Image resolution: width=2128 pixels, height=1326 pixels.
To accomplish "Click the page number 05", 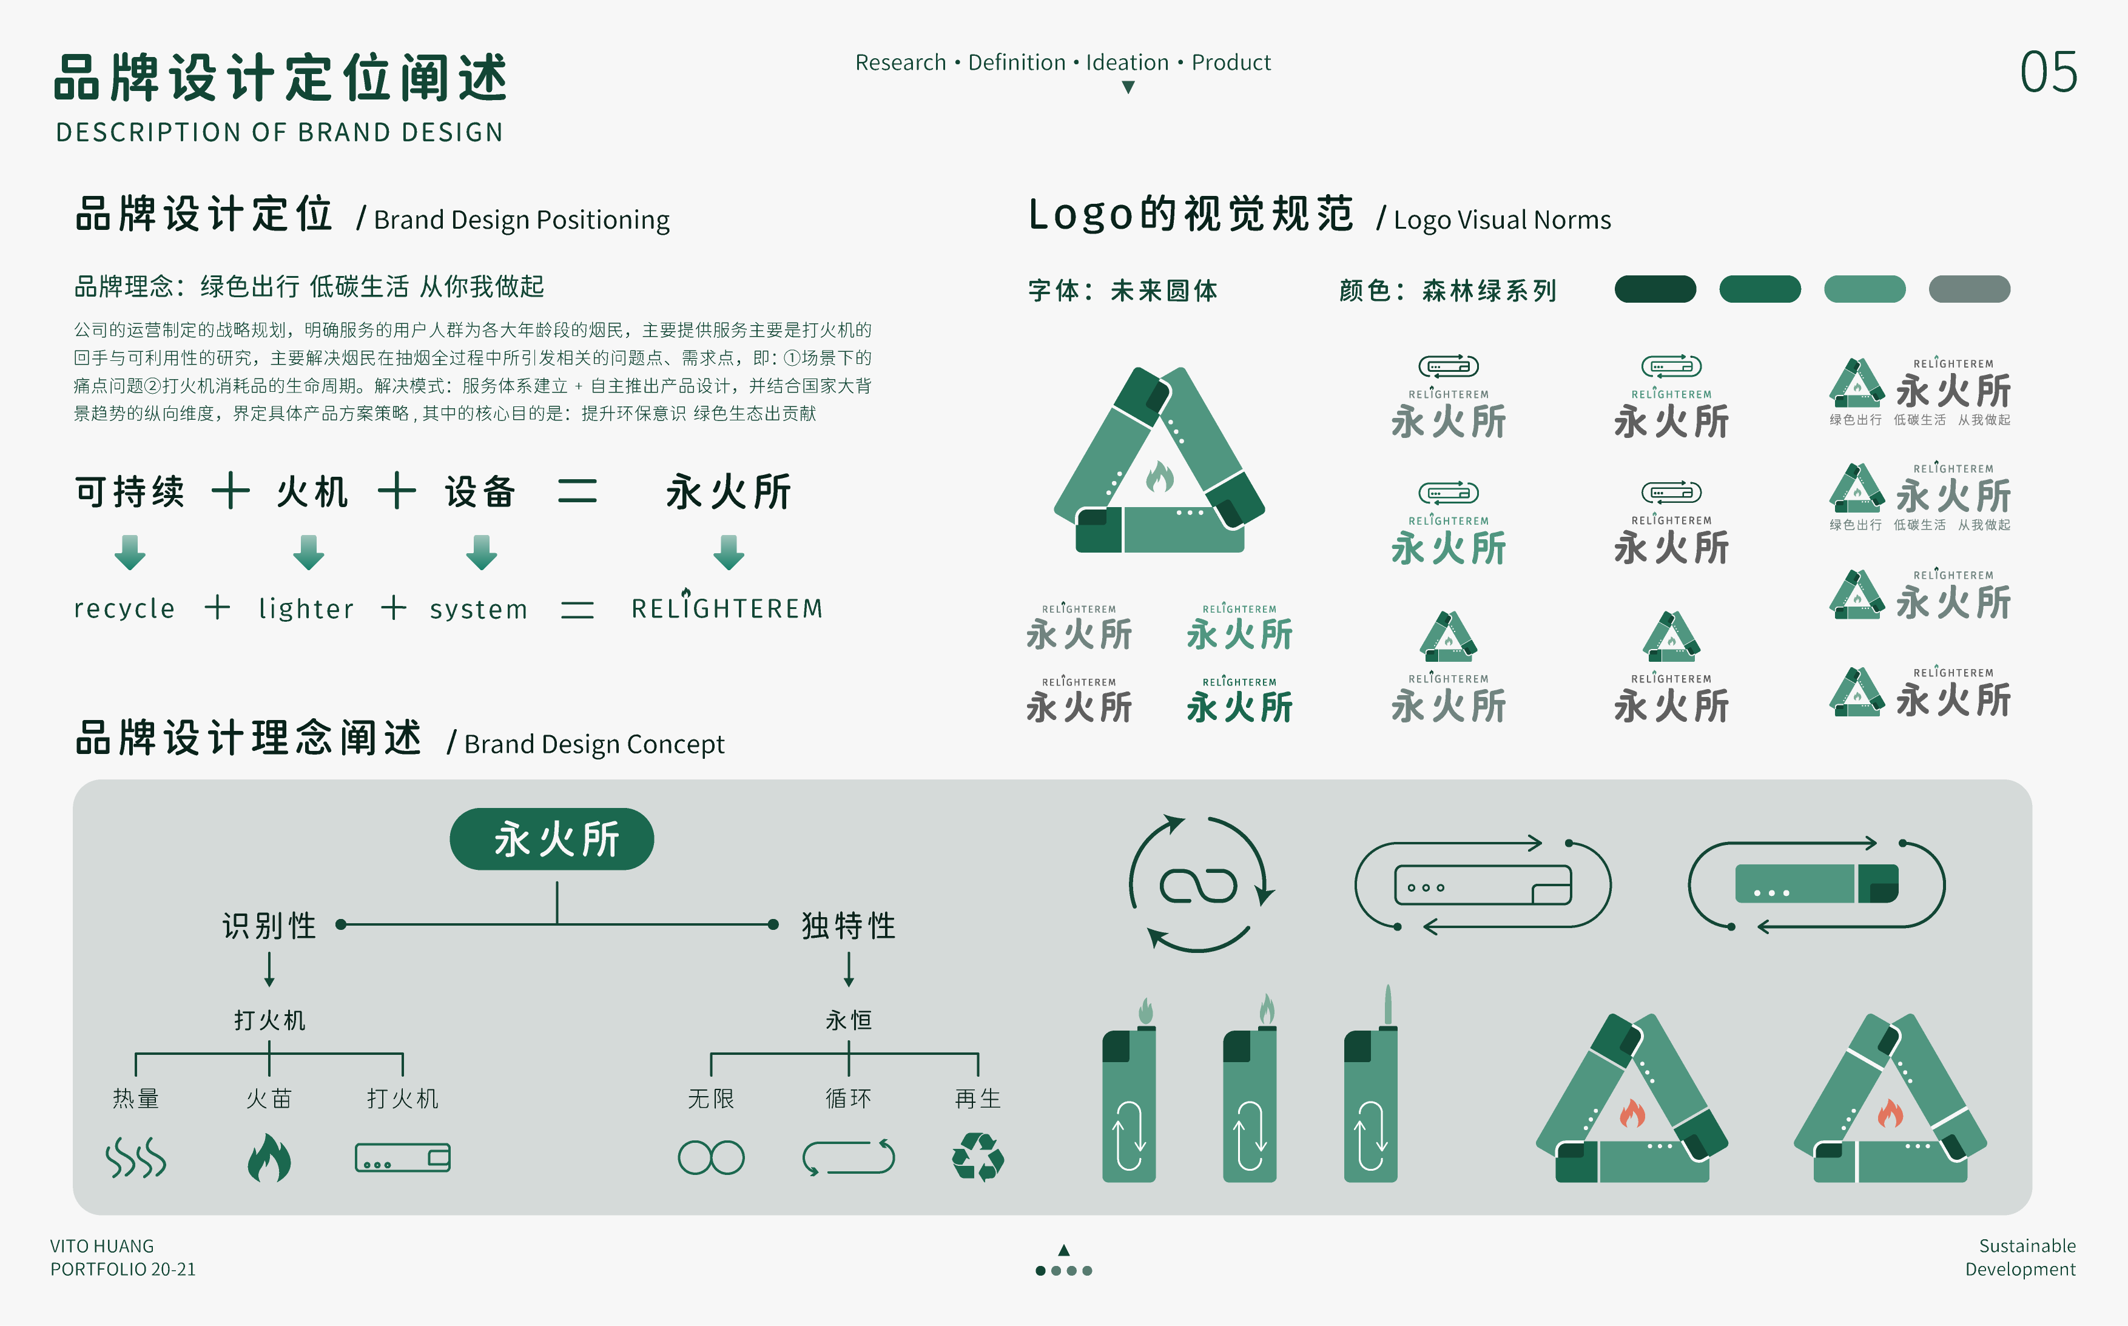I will click(x=2047, y=72).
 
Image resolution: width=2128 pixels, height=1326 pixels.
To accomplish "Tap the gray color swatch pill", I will click(x=1968, y=289).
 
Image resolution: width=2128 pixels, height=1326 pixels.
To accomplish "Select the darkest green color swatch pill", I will click(x=1654, y=289).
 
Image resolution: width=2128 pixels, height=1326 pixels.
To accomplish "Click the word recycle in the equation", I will click(x=124, y=608).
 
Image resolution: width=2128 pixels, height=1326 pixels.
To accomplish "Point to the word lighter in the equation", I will click(x=306, y=608).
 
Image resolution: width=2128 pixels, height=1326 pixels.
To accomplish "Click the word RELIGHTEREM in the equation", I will click(x=727, y=608).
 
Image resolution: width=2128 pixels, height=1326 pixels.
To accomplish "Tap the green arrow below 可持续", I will click(x=130, y=553).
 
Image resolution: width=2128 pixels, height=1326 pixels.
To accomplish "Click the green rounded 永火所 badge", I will click(x=551, y=840).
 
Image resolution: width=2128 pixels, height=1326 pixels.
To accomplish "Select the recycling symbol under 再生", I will click(x=978, y=1157).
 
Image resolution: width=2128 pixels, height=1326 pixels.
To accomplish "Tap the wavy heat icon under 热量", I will click(x=135, y=1157).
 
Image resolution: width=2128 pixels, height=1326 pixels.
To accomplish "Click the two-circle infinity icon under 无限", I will click(x=710, y=1157).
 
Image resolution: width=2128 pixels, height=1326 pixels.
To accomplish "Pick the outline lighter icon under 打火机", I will click(x=402, y=1157).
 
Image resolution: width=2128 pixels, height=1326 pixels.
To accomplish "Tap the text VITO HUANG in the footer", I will click(x=102, y=1246).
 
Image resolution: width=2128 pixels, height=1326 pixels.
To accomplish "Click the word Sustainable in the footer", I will click(x=2026, y=1246).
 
